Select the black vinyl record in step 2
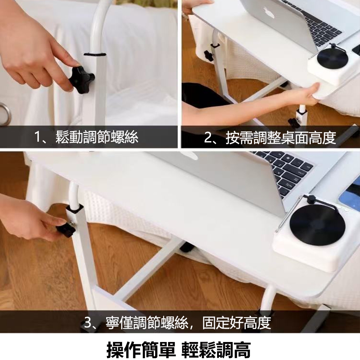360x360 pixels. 332,58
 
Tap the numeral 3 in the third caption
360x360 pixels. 87,323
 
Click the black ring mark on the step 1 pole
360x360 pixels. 95,55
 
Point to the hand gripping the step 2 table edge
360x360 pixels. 303,94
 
